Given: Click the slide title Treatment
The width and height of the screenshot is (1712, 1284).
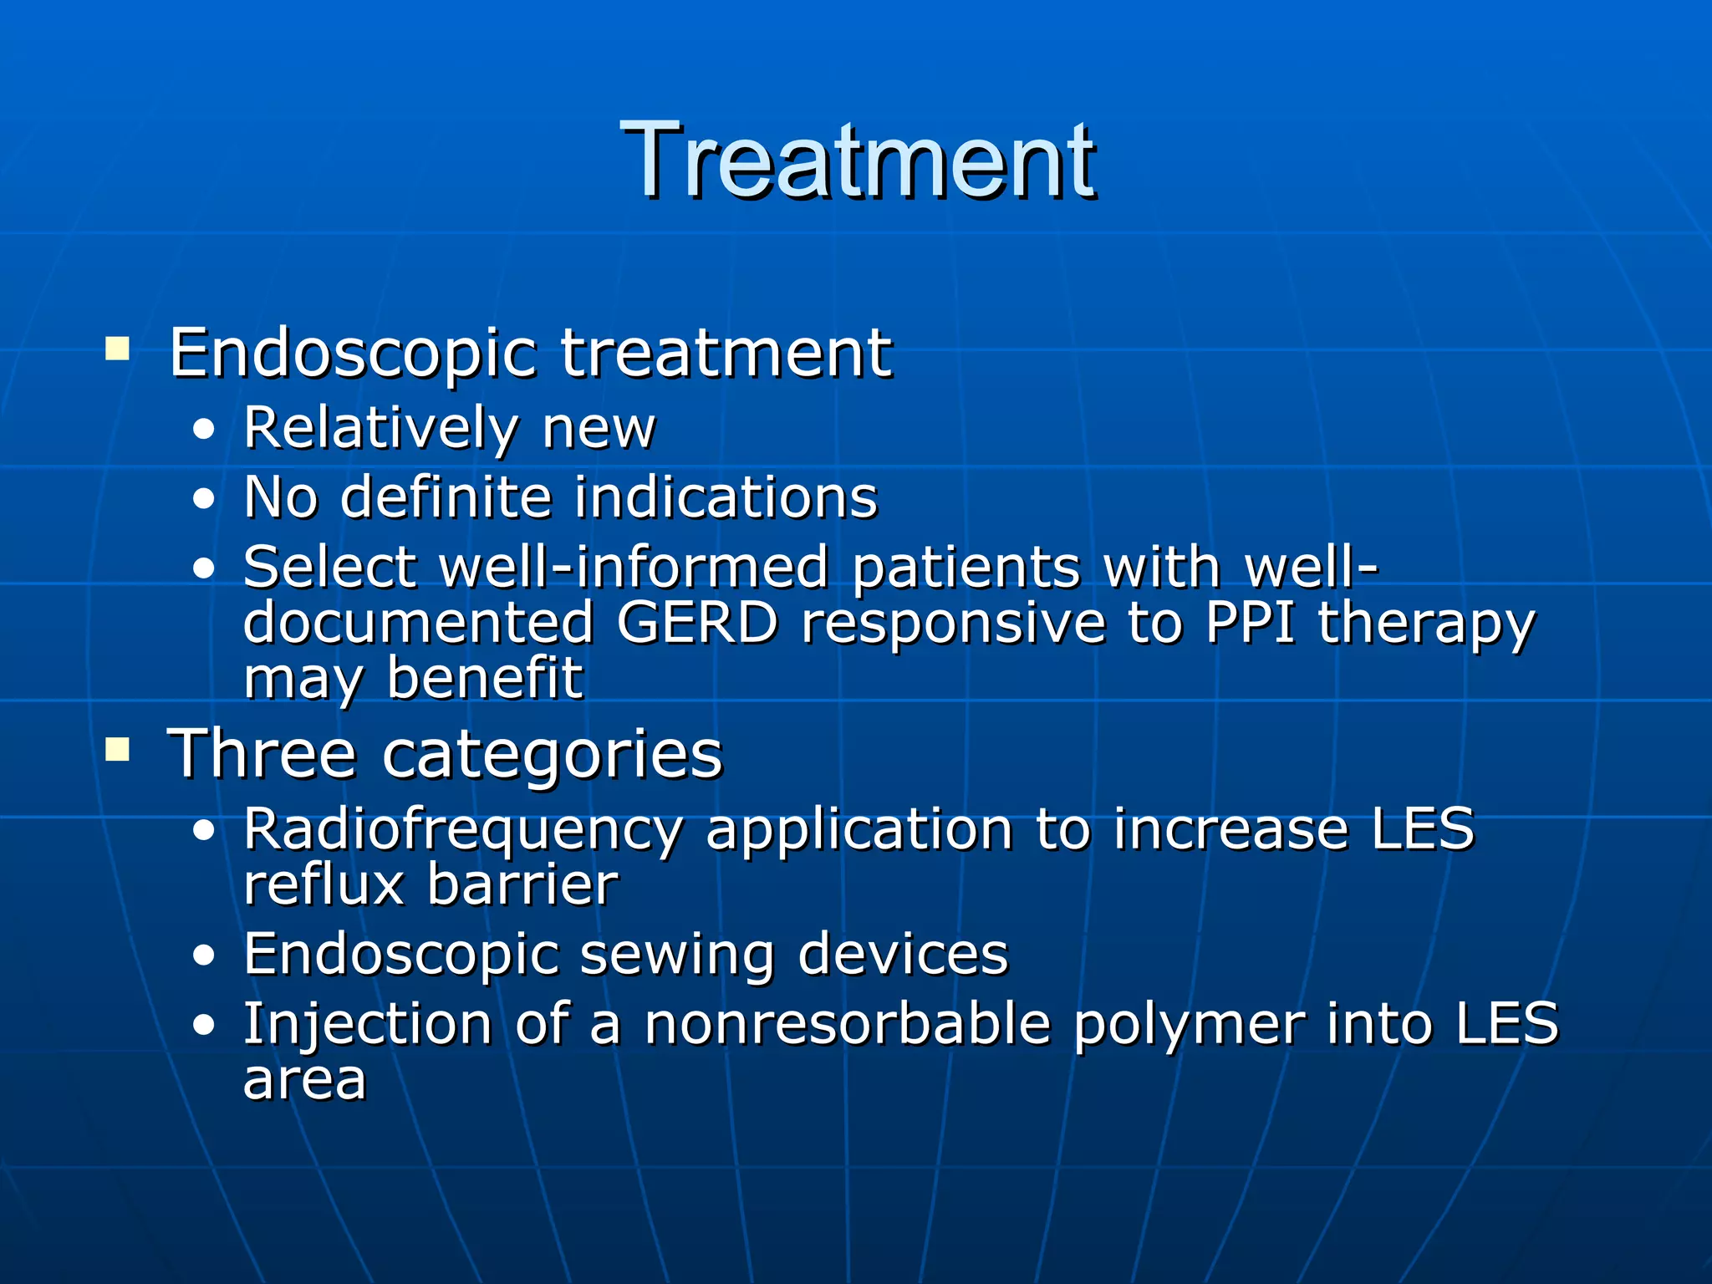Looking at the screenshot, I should pyautogui.click(x=857, y=160).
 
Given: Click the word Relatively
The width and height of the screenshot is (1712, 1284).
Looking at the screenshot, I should pyautogui.click(x=380, y=430).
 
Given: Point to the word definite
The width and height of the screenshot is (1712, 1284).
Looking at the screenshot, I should pyautogui.click(x=446, y=498).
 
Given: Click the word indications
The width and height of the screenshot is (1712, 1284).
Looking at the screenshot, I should pyautogui.click(x=726, y=498).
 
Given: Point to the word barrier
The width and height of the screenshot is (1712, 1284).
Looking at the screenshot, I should pyautogui.click(x=522, y=884).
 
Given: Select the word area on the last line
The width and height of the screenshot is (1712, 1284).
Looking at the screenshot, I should pyautogui.click(x=304, y=1080).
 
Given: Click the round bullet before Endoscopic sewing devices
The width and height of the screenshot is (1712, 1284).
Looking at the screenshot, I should pyautogui.click(x=203, y=955).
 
